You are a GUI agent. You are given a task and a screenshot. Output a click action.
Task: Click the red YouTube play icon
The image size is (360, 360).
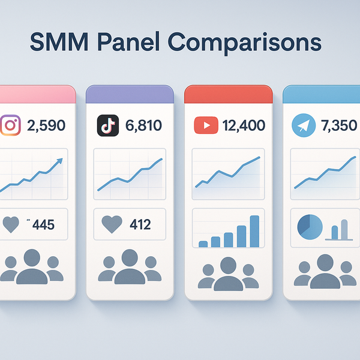click(205, 126)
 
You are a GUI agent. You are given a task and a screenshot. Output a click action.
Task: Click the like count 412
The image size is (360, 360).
click(141, 225)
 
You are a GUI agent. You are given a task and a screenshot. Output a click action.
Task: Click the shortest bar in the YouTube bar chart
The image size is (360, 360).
click(203, 243)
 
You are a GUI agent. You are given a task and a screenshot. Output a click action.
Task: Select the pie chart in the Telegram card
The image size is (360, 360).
click(310, 227)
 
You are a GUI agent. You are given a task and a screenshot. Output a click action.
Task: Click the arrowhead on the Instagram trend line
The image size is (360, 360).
click(58, 161)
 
